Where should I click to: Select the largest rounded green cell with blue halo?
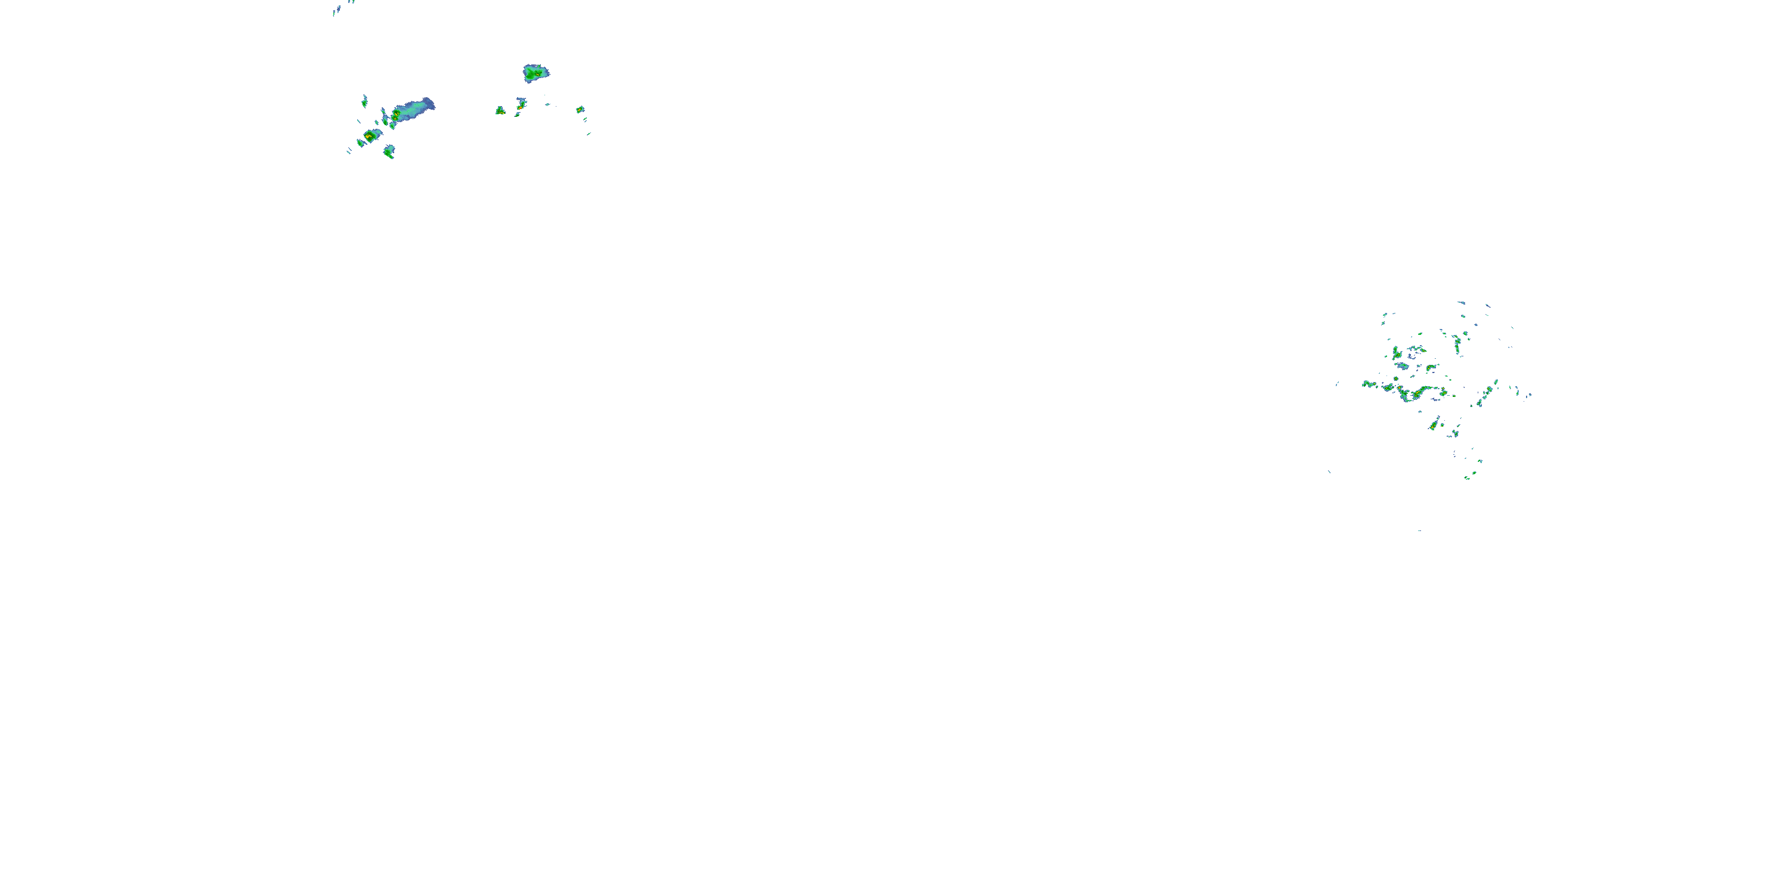(x=535, y=72)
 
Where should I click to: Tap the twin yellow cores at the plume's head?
(x=396, y=115)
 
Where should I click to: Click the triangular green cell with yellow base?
(x=500, y=110)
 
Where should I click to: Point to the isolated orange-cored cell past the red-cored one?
(x=580, y=110)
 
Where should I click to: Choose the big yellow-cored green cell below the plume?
(x=369, y=136)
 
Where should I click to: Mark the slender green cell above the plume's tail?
(x=364, y=101)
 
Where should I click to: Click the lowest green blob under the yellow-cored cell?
(x=389, y=151)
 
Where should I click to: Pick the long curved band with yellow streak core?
(x=1417, y=394)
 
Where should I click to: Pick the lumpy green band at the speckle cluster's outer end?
(x=1371, y=384)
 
